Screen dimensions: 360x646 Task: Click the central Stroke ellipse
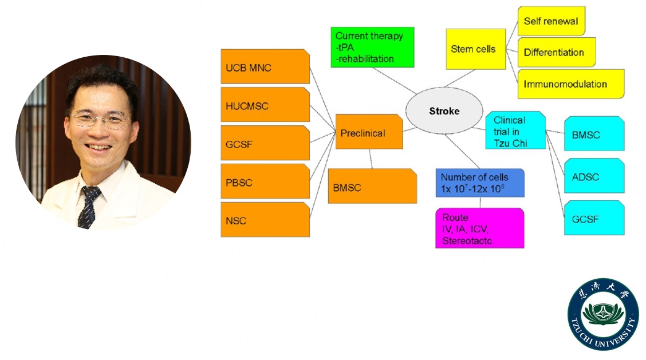point(444,111)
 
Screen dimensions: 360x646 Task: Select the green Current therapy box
point(372,47)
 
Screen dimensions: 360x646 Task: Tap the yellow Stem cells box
point(475,49)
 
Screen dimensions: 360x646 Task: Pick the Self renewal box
point(551,21)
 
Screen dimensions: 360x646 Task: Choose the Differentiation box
point(556,52)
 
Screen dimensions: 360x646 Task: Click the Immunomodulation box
point(570,84)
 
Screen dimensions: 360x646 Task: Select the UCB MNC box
point(265,67)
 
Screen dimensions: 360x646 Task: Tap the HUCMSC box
point(265,105)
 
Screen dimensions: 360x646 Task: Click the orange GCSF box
point(265,144)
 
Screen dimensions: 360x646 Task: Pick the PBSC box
point(265,183)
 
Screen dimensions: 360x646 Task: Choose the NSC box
point(265,220)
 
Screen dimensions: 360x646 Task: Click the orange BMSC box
point(372,187)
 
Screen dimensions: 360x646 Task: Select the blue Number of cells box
point(479,183)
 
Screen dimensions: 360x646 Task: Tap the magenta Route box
point(479,228)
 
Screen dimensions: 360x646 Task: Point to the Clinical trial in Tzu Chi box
point(515,129)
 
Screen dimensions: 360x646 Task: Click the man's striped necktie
point(88,207)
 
